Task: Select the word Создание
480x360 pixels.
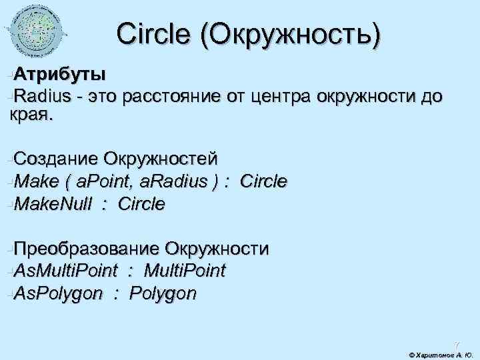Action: [x=54, y=159]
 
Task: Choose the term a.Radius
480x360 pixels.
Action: [x=176, y=181]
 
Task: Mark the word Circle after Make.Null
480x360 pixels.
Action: [x=141, y=204]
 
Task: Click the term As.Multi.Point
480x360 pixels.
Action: [x=65, y=271]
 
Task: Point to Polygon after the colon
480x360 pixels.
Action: [x=163, y=294]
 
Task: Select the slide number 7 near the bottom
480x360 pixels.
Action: [x=457, y=344]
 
